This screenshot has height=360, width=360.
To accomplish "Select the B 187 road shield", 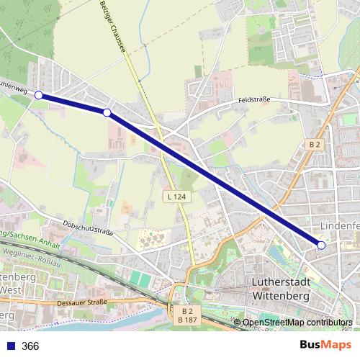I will pyautogui.click(x=186, y=318).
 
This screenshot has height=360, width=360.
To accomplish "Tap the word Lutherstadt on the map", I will pyautogui.click(x=281, y=282).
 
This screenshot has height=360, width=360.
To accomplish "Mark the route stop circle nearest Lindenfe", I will pyautogui.click(x=321, y=246).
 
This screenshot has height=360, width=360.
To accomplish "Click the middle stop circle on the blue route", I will pyautogui.click(x=107, y=112).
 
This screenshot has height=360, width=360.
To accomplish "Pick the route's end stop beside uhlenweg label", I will pyautogui.click(x=39, y=95).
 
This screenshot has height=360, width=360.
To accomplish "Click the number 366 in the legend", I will pyautogui.click(x=30, y=346).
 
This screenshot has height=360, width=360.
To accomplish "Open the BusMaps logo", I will pyautogui.click(x=325, y=346).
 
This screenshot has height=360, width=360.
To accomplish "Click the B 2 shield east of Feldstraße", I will pyautogui.click(x=315, y=144).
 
